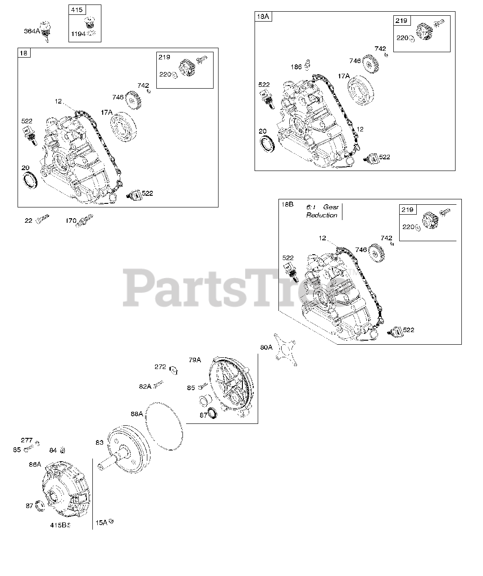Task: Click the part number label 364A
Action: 32,31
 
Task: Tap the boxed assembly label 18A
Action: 262,17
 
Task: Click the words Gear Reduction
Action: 322,211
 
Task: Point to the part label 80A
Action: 266,347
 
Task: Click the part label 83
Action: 100,442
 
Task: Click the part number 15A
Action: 101,522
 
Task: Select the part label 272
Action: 160,367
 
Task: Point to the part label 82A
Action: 145,386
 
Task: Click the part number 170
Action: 71,220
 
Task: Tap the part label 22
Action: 28,220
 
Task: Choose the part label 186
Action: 296,67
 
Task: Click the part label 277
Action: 27,440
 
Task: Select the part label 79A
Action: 195,360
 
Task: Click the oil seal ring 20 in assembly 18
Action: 31,180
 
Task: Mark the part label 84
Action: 53,450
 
